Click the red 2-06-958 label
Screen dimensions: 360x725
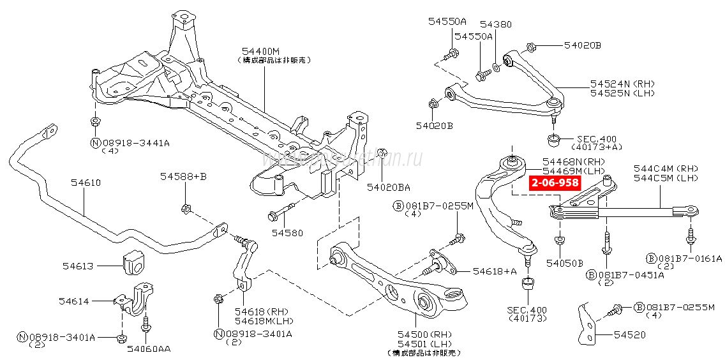point(554,183)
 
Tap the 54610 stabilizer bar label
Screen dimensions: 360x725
point(86,183)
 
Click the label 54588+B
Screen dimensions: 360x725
point(183,176)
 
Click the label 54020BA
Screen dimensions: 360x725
point(388,187)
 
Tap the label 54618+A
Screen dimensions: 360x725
point(495,271)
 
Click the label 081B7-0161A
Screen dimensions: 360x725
point(690,259)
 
